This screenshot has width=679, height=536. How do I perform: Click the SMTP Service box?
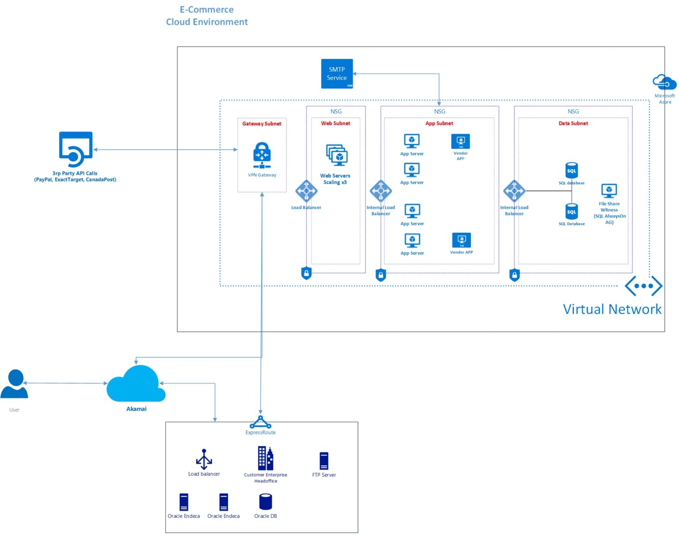337,73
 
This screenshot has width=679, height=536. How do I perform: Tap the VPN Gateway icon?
262,155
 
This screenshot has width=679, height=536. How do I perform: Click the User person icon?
15,384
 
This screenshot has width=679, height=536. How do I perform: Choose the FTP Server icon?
324,461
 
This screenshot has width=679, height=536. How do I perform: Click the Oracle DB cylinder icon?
265,502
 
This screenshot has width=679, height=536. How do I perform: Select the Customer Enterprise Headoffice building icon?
266,458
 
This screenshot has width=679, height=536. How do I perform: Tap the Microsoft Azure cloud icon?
664,82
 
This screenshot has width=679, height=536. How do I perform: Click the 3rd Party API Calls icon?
76,149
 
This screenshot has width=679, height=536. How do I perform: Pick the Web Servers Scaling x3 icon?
337,155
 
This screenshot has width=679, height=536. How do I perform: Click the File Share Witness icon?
609,191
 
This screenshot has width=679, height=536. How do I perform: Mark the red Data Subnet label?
573,123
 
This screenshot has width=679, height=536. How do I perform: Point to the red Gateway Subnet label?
262,124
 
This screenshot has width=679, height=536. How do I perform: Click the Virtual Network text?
612,309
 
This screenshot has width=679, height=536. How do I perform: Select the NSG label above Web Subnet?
336,112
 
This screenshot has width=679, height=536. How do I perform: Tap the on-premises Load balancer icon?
204,459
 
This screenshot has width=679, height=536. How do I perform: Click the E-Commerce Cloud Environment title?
207,16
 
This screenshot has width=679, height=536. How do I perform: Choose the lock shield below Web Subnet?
306,273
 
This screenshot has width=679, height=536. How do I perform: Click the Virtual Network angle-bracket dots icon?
643,286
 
